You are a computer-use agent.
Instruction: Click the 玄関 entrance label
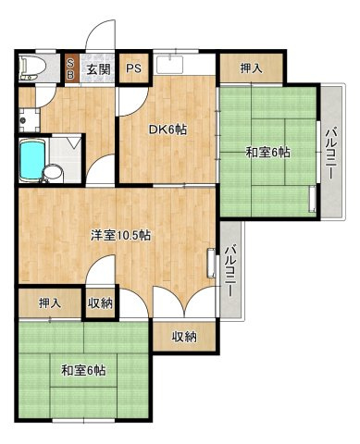click(x=98, y=68)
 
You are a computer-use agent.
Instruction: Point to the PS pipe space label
click(x=134, y=68)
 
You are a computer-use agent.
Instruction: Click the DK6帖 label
click(x=168, y=129)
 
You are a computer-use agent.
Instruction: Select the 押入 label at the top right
click(x=250, y=68)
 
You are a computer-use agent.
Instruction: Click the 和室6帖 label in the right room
click(x=268, y=152)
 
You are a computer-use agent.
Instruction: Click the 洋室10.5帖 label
click(x=120, y=235)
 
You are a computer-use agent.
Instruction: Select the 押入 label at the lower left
click(x=50, y=303)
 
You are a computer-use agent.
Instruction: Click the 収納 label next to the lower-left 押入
click(x=100, y=303)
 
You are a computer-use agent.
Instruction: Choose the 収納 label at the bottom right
click(x=183, y=338)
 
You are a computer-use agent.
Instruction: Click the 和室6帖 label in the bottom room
click(x=83, y=371)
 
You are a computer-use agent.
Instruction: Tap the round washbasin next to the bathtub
click(x=54, y=170)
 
